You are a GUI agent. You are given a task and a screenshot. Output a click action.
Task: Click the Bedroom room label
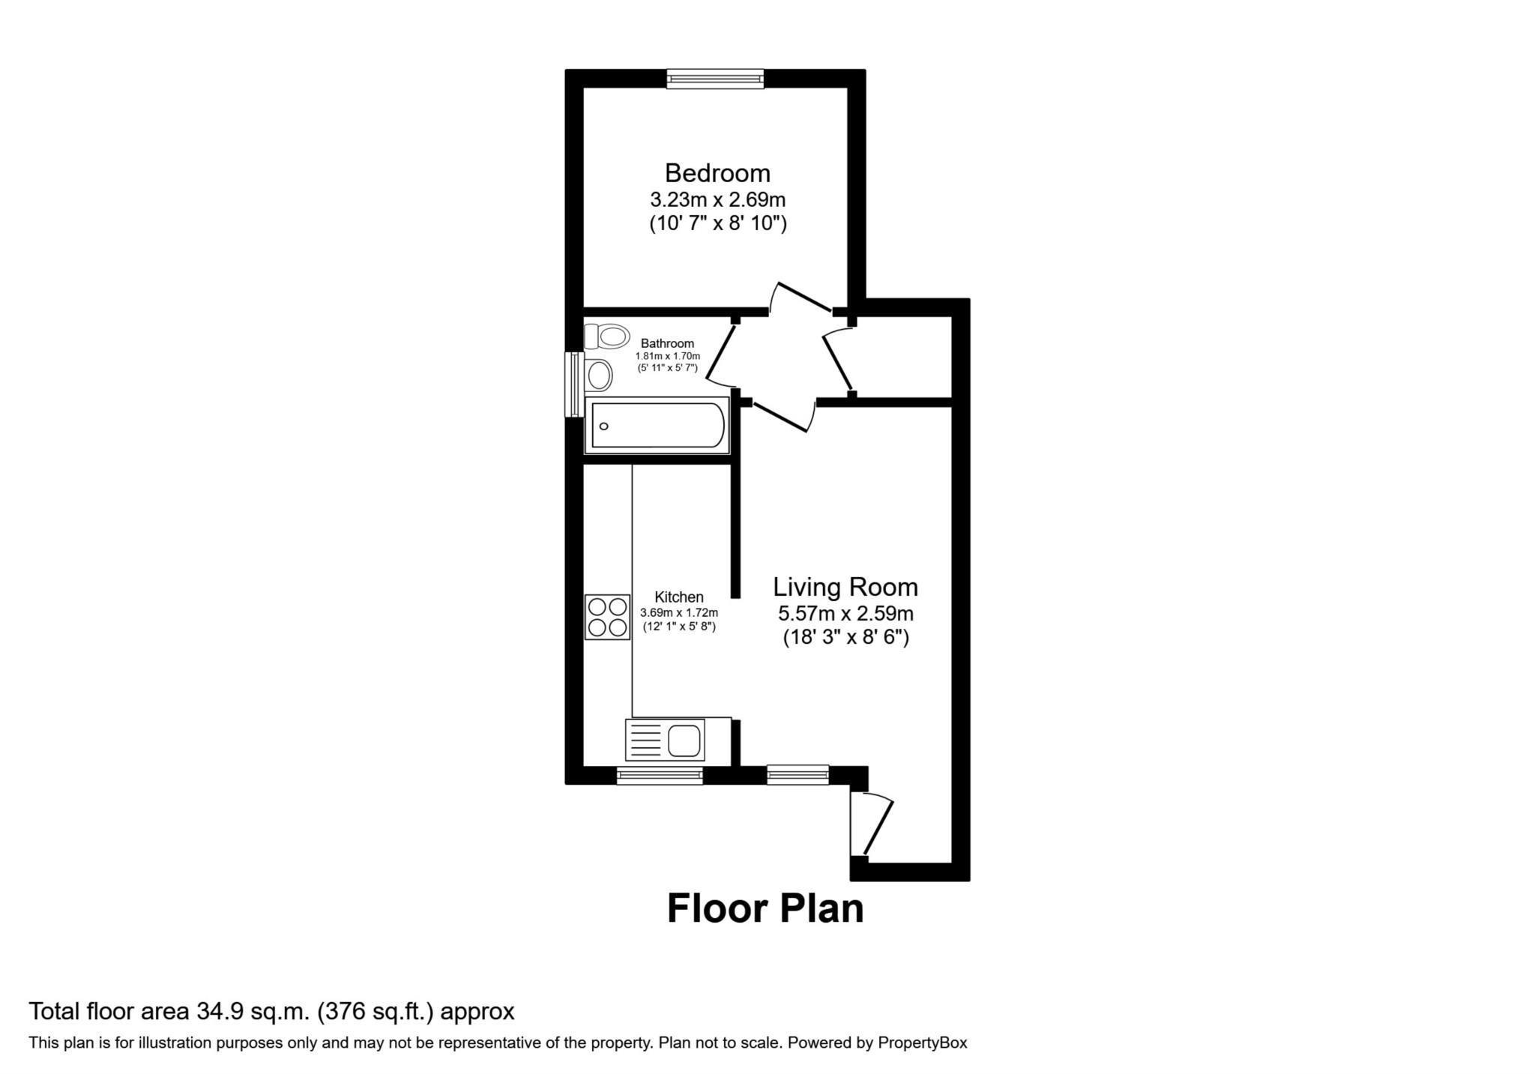[x=717, y=173]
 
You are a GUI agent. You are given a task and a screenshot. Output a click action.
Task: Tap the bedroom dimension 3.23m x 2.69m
[x=717, y=200]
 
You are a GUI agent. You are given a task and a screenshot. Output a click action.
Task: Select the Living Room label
[x=845, y=587]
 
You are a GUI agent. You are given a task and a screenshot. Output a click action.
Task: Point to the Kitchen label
[x=679, y=597]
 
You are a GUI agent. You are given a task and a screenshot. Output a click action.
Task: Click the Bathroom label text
[x=667, y=344]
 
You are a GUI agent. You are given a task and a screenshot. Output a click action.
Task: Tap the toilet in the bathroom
[x=606, y=337]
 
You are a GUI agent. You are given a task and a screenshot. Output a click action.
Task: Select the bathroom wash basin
[x=599, y=375]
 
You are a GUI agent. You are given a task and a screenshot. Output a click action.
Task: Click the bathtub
[x=657, y=425]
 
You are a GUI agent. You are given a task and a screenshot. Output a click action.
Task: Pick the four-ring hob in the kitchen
[x=607, y=617]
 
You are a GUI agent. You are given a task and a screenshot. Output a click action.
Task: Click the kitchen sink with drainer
[x=665, y=740]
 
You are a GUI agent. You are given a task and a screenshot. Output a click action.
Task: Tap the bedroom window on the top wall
[x=715, y=79]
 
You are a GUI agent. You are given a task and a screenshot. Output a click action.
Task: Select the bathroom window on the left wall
[x=574, y=384]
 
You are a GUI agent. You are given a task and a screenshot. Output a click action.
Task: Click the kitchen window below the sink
[x=660, y=775]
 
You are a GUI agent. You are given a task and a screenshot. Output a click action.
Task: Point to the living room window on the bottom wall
[x=797, y=774]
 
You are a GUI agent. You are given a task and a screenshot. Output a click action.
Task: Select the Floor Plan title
[x=765, y=908]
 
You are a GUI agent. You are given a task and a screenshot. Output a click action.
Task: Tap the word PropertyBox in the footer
[x=923, y=1043]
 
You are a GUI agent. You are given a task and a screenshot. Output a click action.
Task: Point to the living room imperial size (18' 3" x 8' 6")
[x=845, y=638]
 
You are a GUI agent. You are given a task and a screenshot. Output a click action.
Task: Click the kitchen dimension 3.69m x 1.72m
[x=679, y=613]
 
